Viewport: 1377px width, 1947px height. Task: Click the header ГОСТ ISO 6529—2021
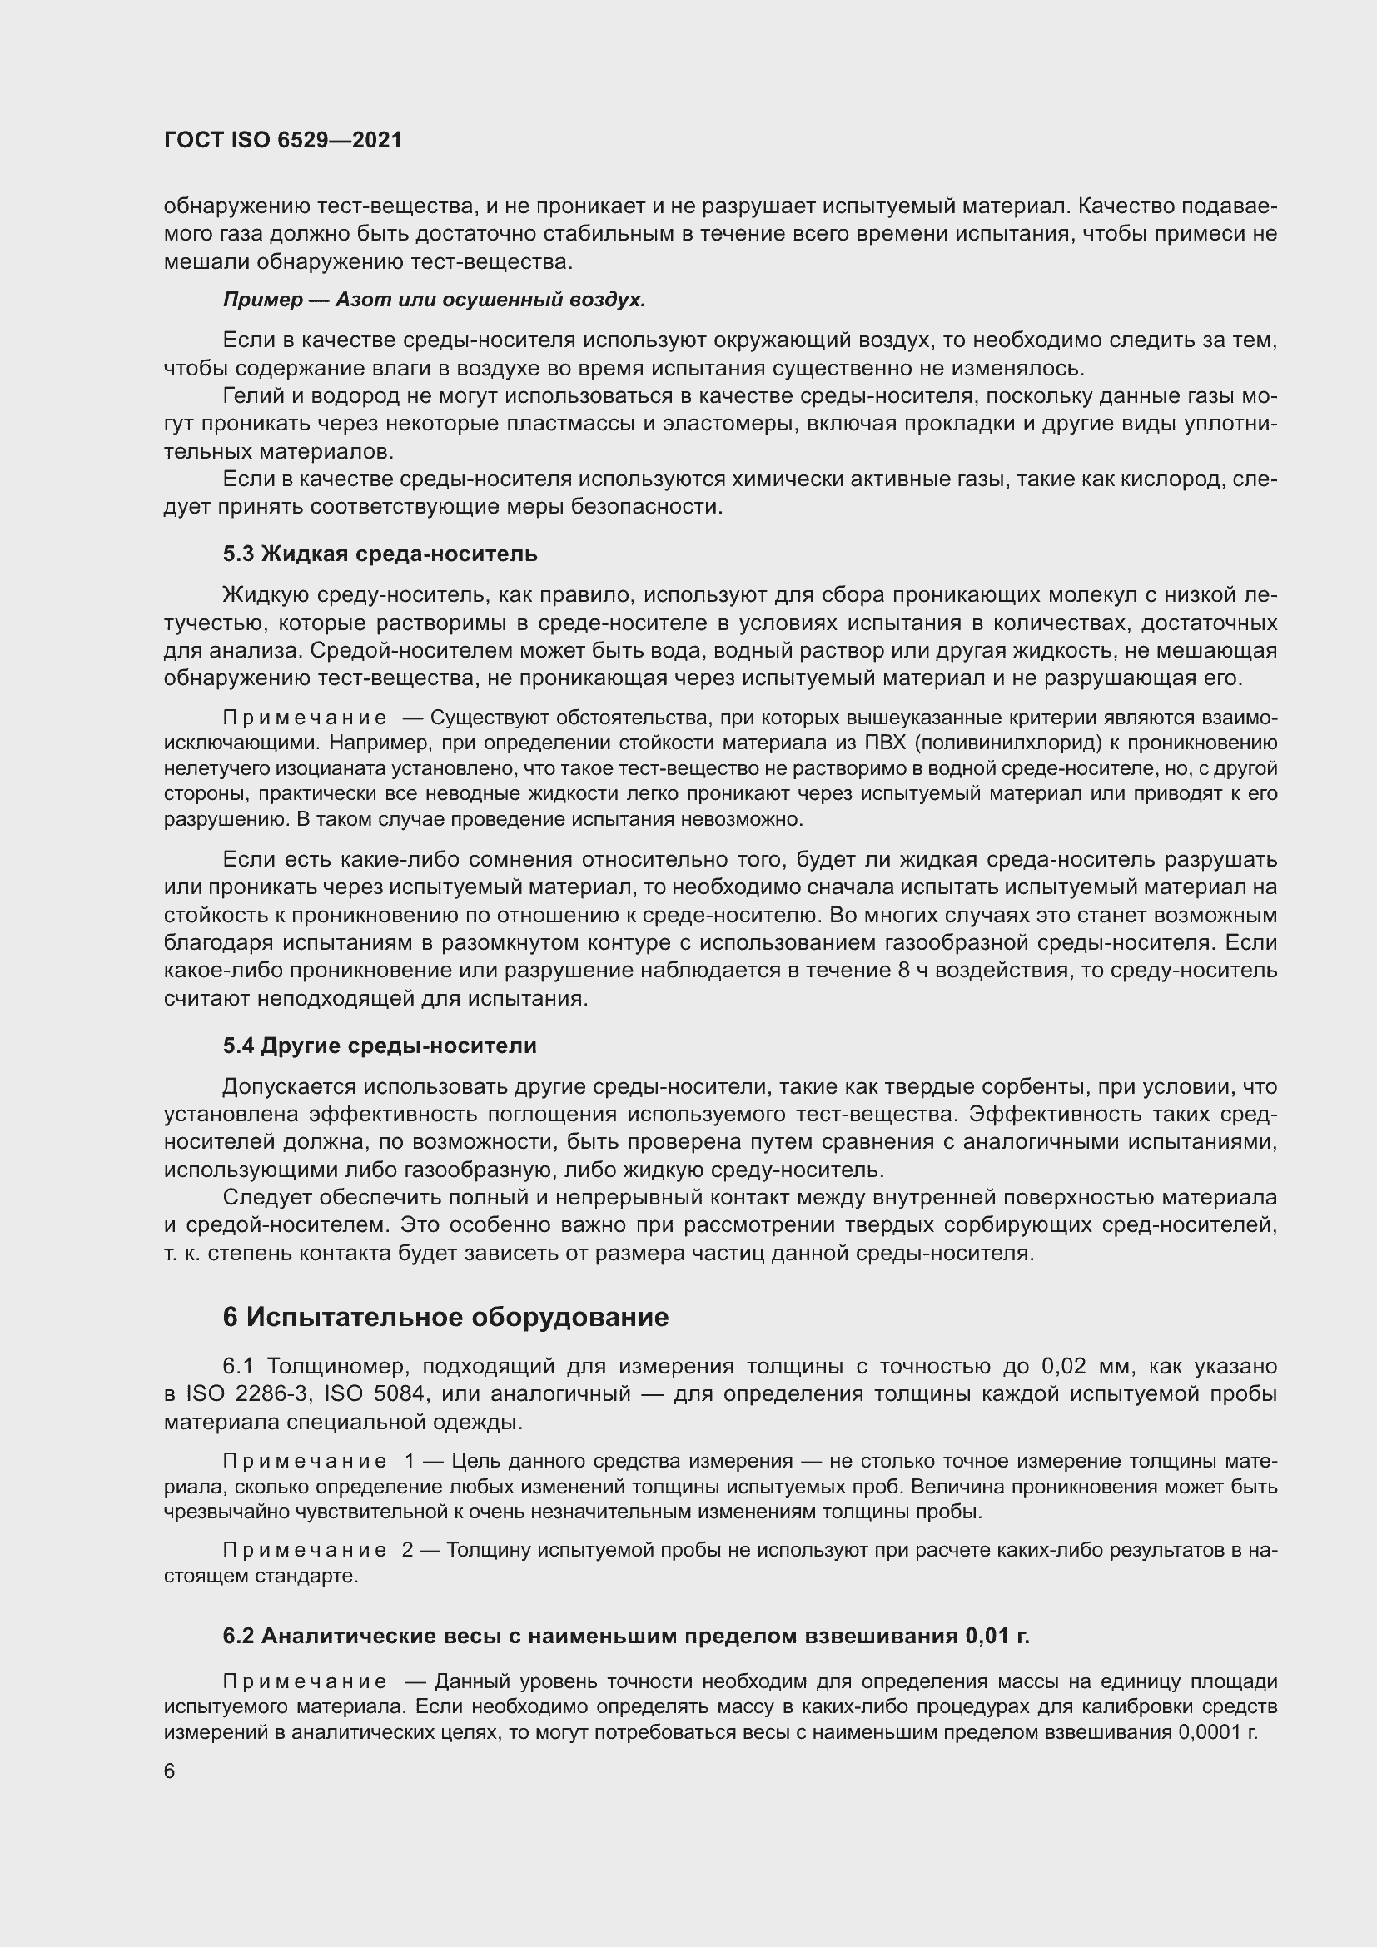coord(282,141)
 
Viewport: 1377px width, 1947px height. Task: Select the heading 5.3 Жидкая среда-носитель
coord(380,554)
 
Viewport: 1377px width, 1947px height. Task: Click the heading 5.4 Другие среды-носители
coord(380,1046)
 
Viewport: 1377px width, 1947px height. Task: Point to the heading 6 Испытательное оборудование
coord(445,1317)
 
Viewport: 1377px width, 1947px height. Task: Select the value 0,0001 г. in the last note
coord(1218,1733)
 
